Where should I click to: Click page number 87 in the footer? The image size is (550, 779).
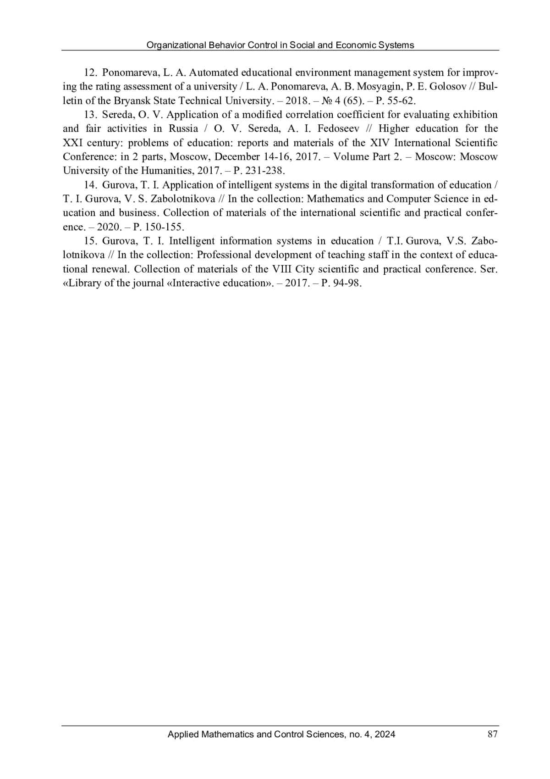tap(492, 734)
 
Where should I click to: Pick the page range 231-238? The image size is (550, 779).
tap(268, 171)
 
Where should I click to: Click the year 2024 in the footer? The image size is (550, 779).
tap(385, 734)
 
